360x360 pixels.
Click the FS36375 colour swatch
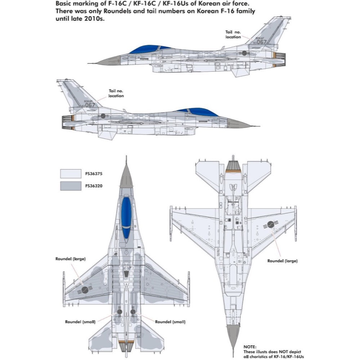click(x=71, y=174)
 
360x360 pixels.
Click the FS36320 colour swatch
click(x=71, y=186)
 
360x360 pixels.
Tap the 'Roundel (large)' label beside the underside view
click(x=283, y=261)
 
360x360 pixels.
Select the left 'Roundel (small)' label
click(x=80, y=321)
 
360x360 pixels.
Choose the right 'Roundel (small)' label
click(x=170, y=321)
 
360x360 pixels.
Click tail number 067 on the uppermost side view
click(x=262, y=42)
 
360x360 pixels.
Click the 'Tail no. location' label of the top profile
click(x=233, y=35)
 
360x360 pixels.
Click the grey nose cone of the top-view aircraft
click(x=126, y=176)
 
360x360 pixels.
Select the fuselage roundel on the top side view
click(x=244, y=53)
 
